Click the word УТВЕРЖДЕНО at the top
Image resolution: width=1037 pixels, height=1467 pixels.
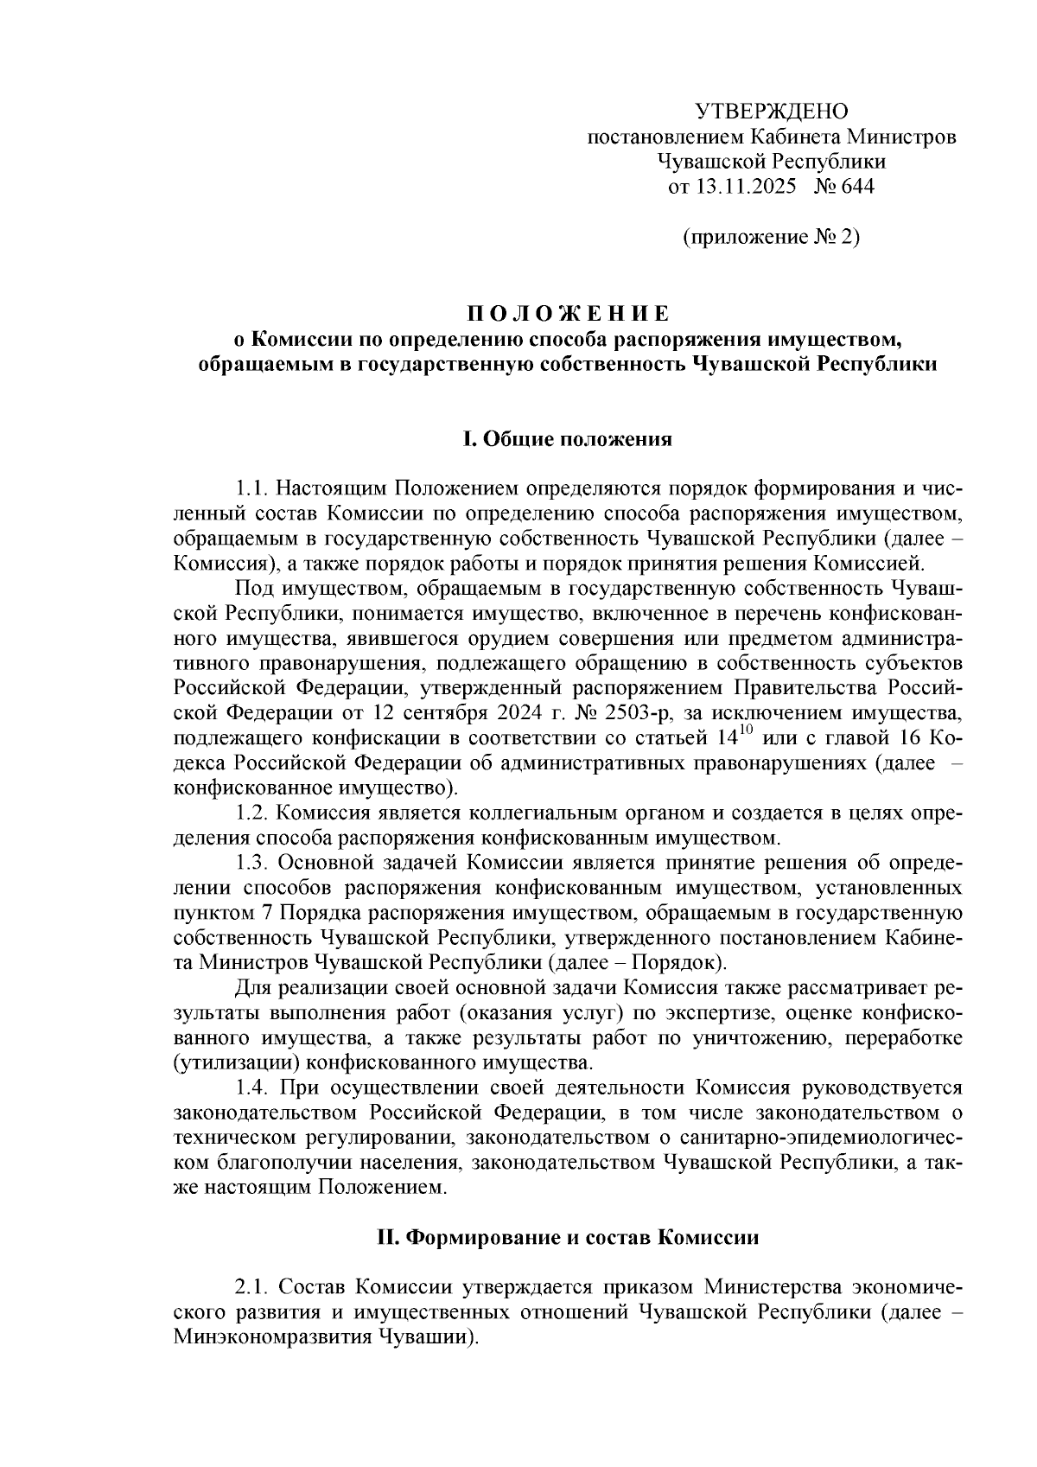click(772, 112)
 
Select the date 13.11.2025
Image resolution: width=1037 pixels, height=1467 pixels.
click(744, 186)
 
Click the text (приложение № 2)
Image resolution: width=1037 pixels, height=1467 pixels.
click(772, 237)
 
